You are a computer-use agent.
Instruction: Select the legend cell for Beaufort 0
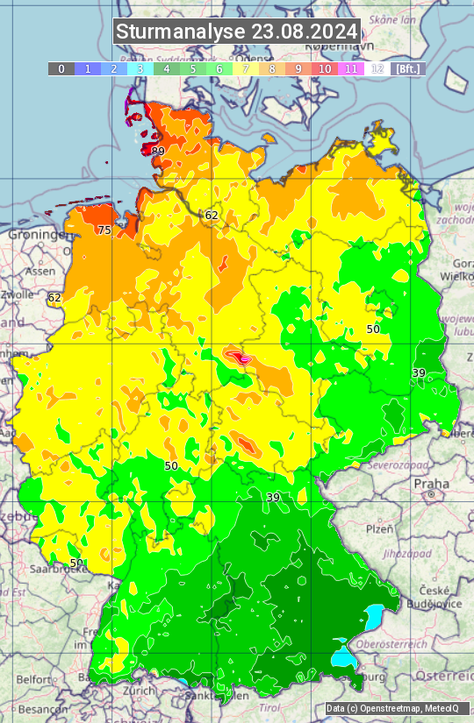61,68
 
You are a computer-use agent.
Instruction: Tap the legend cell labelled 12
377,68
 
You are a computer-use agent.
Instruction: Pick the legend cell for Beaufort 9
298,68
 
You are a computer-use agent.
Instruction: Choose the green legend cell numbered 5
193,68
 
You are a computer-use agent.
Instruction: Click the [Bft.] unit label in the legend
408,68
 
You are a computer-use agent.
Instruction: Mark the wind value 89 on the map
158,152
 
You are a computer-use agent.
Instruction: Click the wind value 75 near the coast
104,230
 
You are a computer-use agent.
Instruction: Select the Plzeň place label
379,529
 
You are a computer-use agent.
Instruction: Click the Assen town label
39,272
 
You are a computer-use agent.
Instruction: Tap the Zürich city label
140,691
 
